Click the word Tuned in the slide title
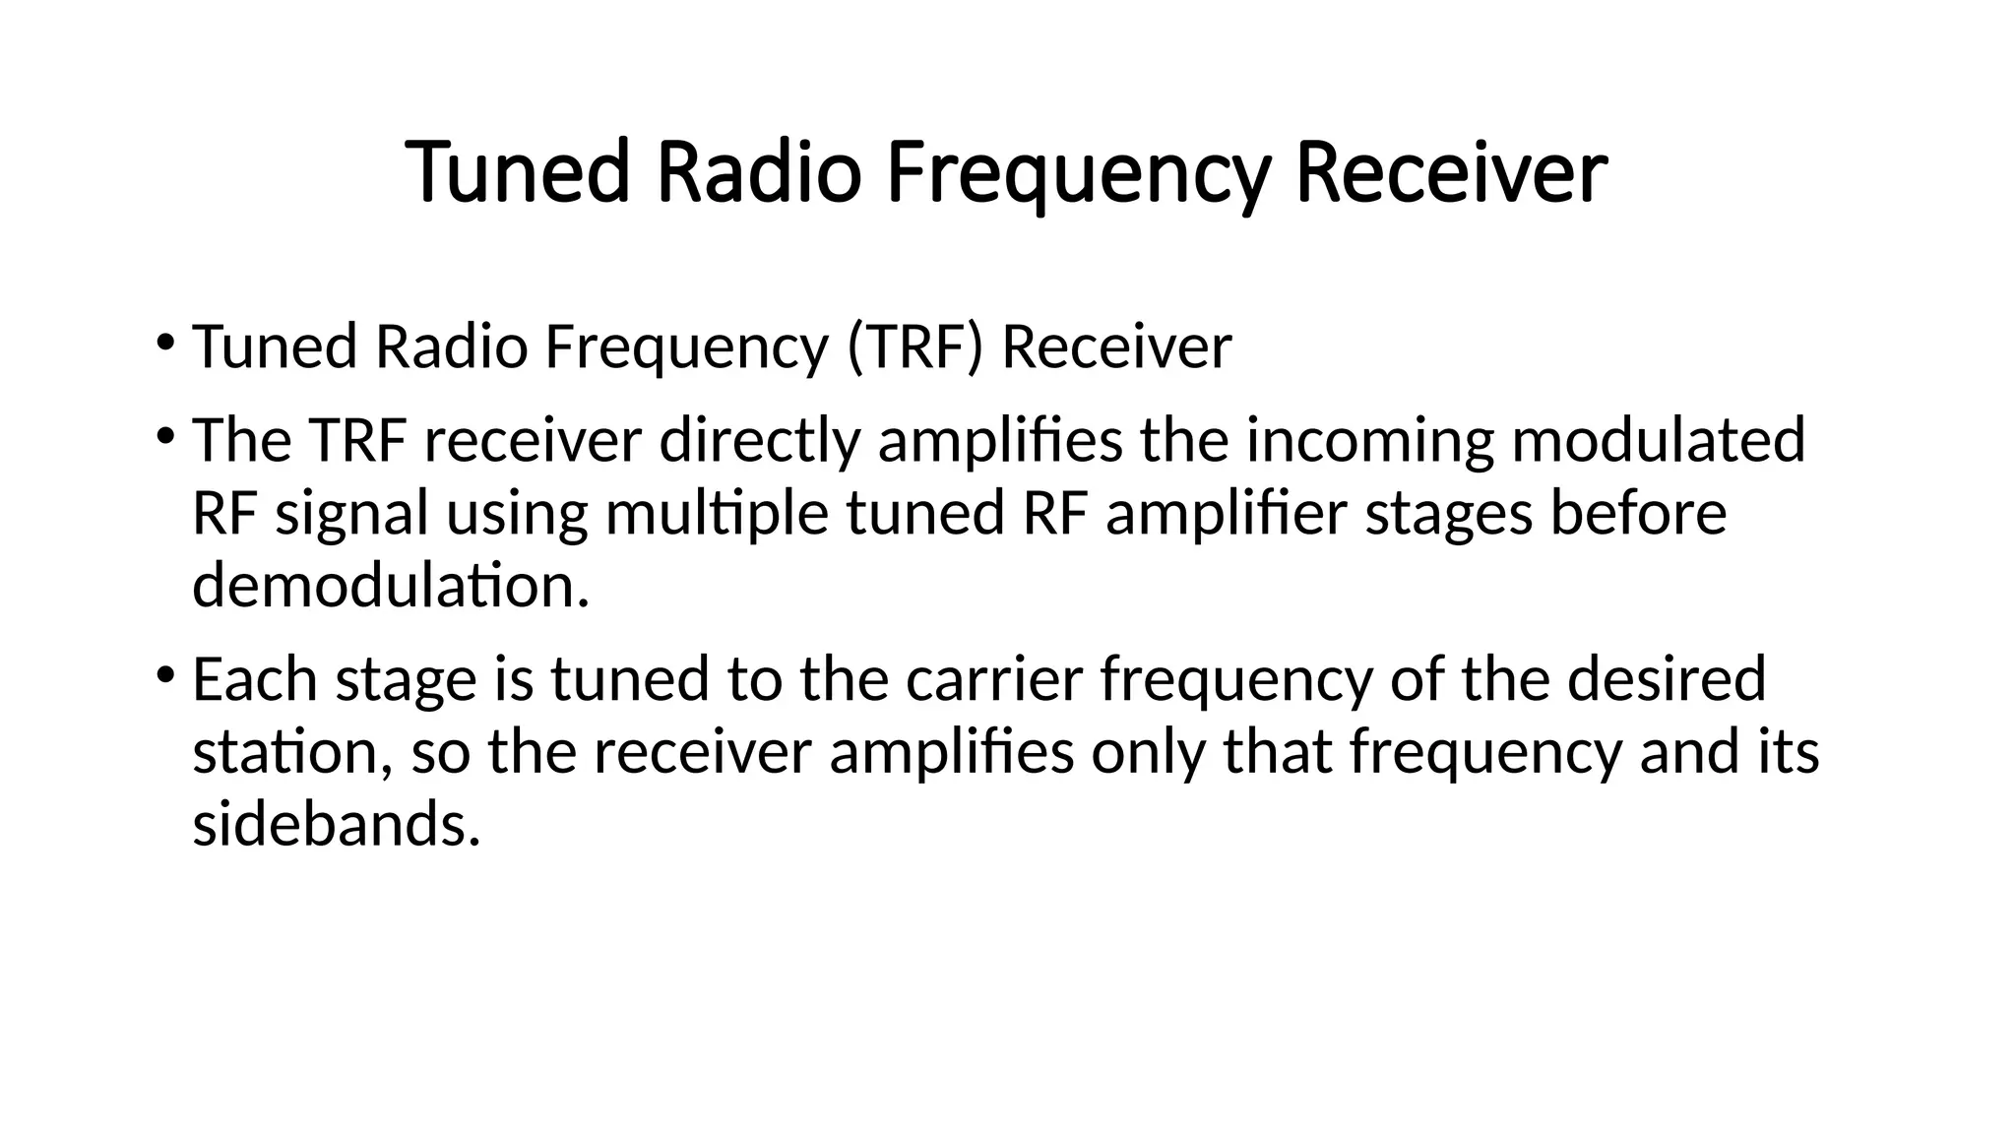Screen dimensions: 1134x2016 516,173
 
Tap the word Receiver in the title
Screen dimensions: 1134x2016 1451,173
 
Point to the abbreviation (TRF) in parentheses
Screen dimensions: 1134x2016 914,347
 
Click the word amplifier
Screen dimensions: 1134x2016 1226,514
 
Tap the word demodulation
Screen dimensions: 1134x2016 390,586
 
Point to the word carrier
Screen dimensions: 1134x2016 994,679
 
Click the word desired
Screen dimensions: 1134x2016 1667,679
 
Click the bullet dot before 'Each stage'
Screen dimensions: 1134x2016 164,674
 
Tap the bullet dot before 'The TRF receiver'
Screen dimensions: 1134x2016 164,435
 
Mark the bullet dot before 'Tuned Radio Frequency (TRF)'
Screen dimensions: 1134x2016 164,343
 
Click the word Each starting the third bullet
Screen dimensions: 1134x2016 254,679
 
